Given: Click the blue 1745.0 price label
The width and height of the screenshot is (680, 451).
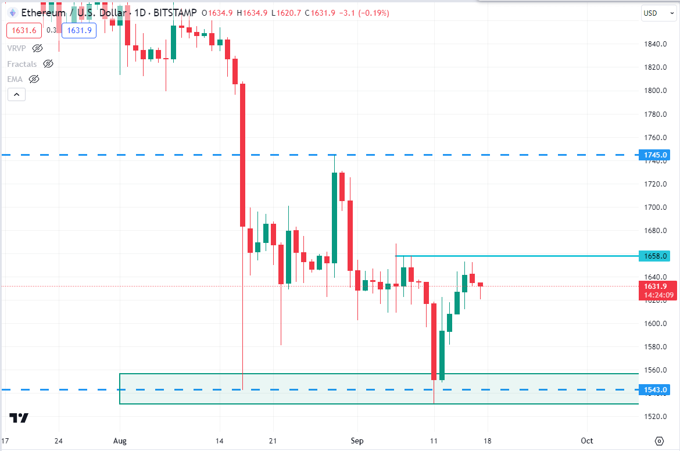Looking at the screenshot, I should coord(655,155).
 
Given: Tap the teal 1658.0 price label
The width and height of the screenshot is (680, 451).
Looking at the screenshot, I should coord(655,256).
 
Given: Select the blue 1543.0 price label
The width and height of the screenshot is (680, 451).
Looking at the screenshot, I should coord(655,389).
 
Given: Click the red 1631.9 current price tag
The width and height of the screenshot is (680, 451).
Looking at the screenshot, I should coord(655,286).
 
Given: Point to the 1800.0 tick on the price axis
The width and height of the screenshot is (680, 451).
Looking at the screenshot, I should coord(655,91).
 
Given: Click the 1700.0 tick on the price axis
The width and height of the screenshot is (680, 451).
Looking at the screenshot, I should coord(655,207).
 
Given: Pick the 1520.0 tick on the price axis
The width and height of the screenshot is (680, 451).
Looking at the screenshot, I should coord(655,417).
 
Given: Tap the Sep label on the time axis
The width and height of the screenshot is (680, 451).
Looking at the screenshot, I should coord(357,441).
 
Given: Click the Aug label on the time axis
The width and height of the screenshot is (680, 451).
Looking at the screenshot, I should coord(120,441).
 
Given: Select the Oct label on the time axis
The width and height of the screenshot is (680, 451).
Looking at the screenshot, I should coord(587,441).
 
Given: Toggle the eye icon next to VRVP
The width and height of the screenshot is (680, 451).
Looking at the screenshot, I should coord(38,48).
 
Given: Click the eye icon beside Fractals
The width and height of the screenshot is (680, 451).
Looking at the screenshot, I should coord(48,64).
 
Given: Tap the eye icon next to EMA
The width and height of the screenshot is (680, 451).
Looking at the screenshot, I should coord(34,79).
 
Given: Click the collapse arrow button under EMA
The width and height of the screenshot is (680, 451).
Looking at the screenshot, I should coord(16,94).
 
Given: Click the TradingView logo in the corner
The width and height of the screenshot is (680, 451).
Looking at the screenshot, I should coord(19,417).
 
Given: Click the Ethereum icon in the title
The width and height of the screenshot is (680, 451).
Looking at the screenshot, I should coord(12,12).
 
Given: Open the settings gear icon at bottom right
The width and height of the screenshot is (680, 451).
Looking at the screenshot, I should coord(658,441).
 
